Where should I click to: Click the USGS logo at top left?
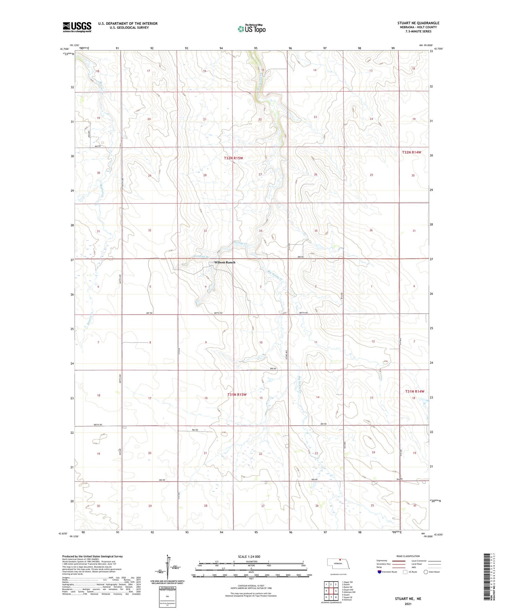[77, 27]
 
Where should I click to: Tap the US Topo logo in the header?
[251, 29]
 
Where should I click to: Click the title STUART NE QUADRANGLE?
[418, 23]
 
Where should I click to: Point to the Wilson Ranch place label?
[225, 262]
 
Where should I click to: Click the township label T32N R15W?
[233, 158]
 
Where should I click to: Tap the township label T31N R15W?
[237, 394]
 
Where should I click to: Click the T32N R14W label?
[411, 152]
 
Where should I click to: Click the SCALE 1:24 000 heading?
[249, 556]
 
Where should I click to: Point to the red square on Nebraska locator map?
[340, 559]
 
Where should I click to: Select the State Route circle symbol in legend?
[425, 572]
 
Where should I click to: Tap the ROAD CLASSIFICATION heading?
[408, 556]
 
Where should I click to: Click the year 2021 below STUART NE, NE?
[408, 604]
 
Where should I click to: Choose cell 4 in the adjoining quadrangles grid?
[326, 591]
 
